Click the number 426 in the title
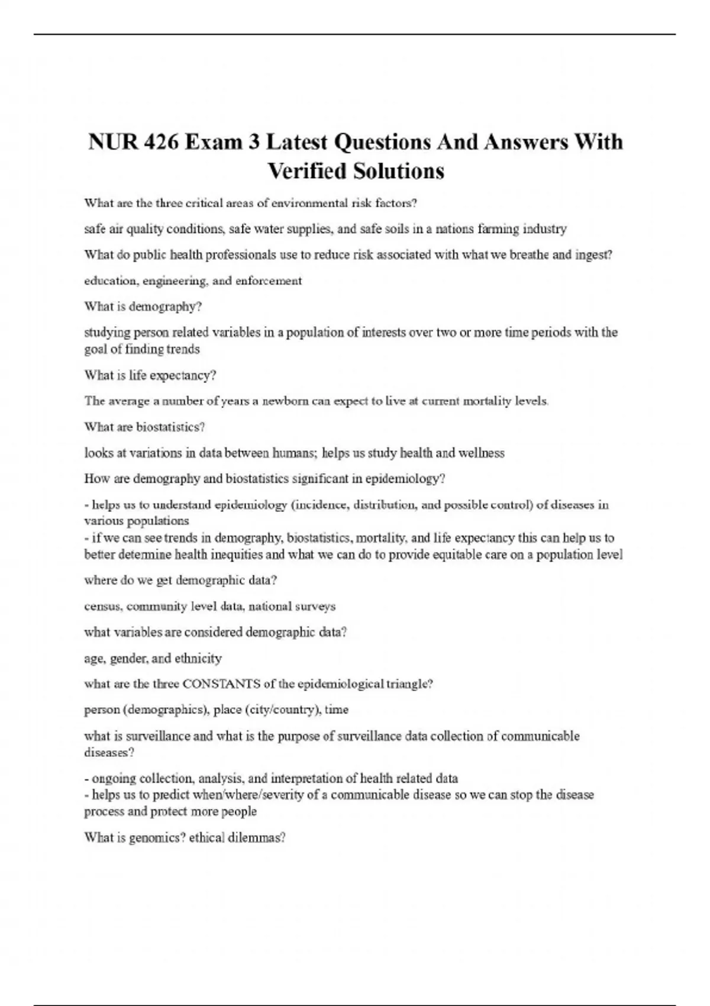pos(160,142)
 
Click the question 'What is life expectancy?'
pos(150,375)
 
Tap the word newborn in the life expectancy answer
pos(286,401)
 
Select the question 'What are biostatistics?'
pos(144,427)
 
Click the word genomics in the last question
pos(159,838)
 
